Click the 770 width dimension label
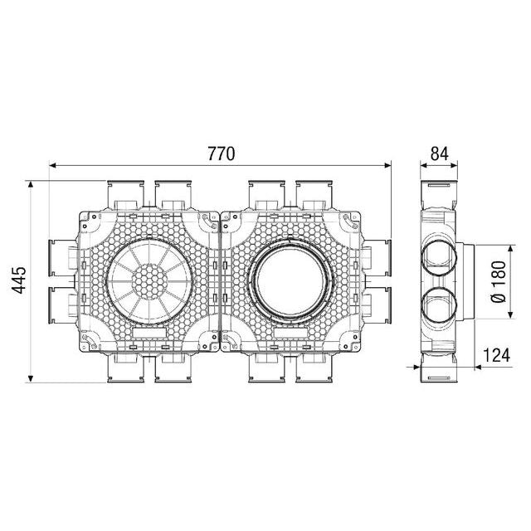(x=221, y=153)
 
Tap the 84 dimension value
(x=439, y=153)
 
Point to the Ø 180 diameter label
(x=498, y=282)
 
